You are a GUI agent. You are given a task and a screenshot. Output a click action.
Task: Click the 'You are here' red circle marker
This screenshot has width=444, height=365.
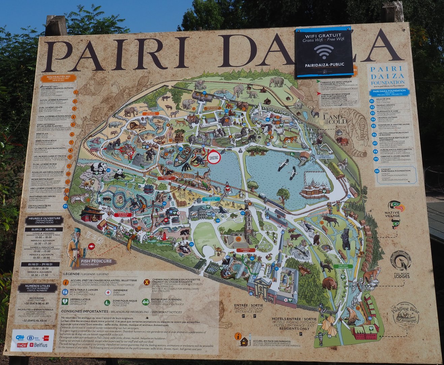click(x=214, y=157)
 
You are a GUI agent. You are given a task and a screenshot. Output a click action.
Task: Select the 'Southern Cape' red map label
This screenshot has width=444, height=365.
click(x=169, y=177)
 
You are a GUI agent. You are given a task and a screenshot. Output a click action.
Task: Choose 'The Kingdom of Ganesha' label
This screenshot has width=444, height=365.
click(x=213, y=108)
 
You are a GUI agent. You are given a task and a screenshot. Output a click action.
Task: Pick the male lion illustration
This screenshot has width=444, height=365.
click(x=138, y=126)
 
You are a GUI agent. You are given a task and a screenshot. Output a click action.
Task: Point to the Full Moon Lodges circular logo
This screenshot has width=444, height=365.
click(x=400, y=260)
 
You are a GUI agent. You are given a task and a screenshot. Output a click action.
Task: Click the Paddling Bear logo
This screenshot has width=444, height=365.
click(x=406, y=314)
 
